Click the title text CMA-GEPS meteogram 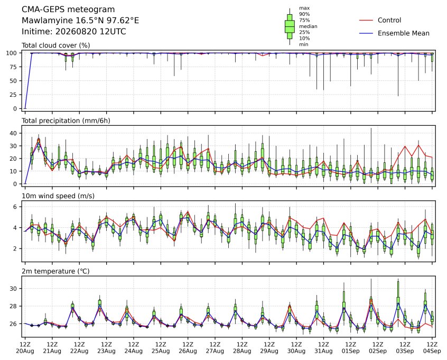[68, 10]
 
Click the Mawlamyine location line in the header [80, 21]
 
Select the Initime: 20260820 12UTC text [74, 31]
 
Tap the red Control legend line [366, 20]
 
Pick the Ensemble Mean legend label [403, 33]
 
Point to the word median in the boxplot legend [308, 26]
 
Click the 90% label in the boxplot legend [304, 14]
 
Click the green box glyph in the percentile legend [290, 26]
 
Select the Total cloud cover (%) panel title [56, 45]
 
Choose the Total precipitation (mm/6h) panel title [66, 121]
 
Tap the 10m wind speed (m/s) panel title [58, 196]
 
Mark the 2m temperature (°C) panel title [55, 271]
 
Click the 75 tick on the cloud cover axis [14, 67]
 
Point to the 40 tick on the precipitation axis [14, 133]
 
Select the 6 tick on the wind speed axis [15, 207]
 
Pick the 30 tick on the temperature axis [14, 289]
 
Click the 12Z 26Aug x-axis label [188, 348]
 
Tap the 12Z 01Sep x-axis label [351, 348]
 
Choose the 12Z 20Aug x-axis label [25, 348]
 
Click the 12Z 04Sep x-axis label [432, 348]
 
